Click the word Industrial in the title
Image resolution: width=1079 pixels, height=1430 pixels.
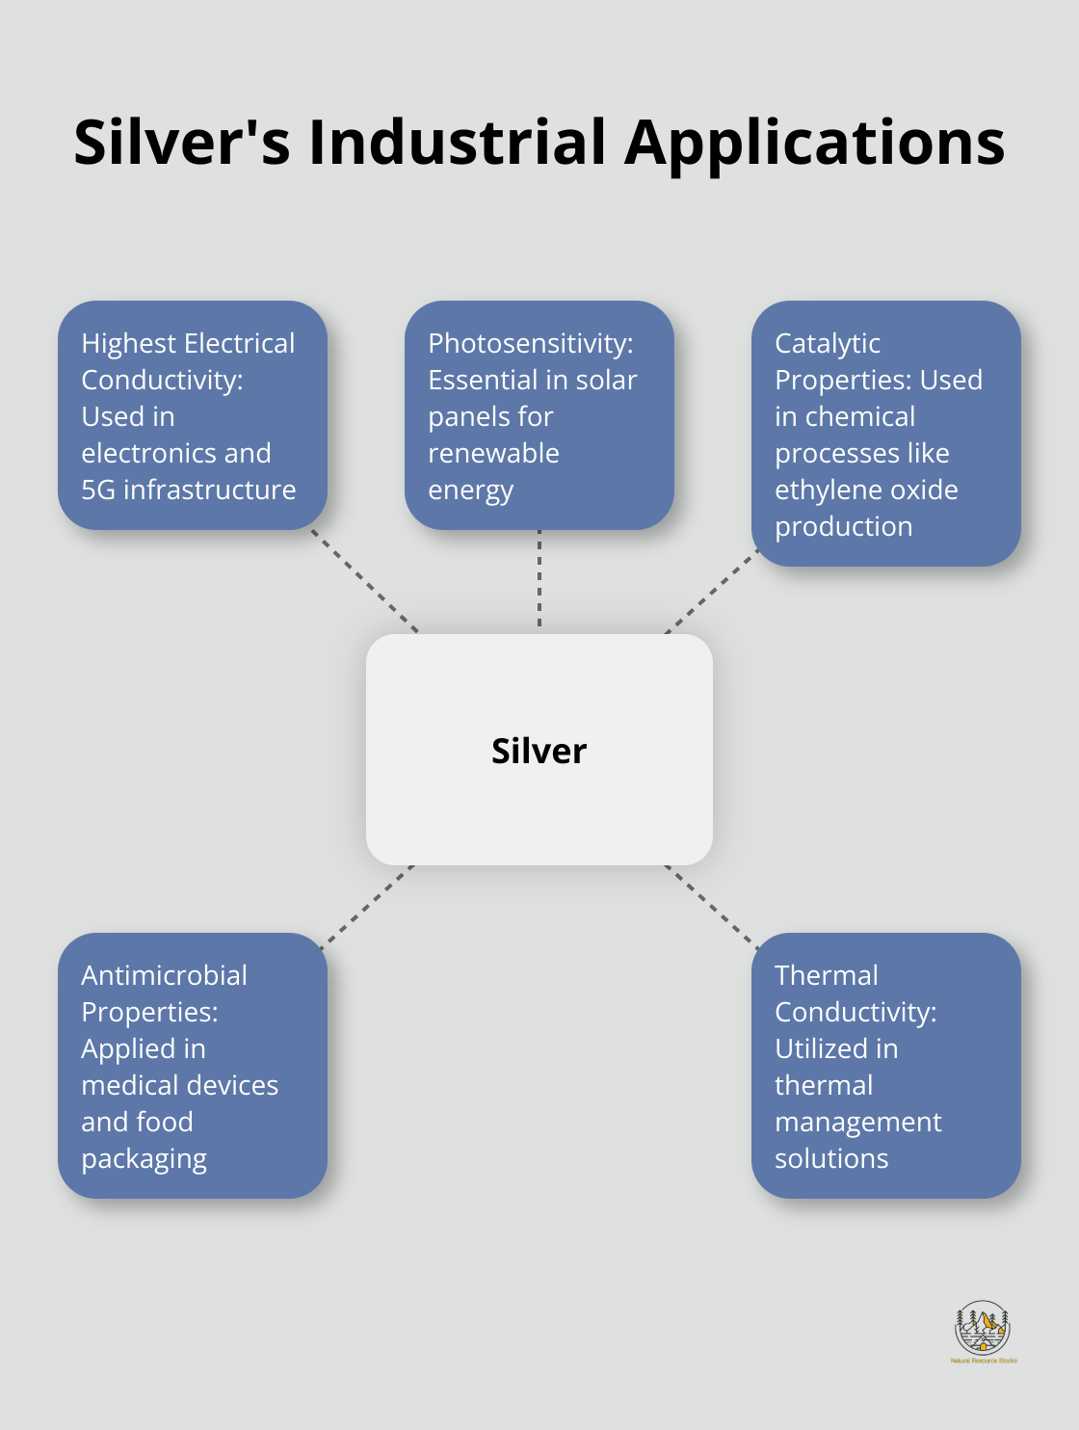[x=458, y=143]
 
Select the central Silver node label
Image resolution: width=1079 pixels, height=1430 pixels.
[x=539, y=751]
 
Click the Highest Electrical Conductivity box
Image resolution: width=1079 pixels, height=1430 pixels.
[x=193, y=415]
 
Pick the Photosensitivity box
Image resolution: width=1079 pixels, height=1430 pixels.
[x=539, y=415]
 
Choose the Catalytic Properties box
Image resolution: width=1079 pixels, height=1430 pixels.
[x=885, y=434]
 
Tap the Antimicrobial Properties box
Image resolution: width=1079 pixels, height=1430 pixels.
[x=193, y=1066]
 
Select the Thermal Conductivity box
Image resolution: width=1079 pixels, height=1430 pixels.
[x=885, y=1066]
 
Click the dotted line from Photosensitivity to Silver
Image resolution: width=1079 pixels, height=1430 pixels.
[x=539, y=580]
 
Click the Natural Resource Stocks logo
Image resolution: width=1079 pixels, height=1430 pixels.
[x=983, y=1332]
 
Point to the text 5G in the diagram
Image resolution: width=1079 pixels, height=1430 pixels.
[x=98, y=490]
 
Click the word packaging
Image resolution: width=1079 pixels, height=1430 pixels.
[x=145, y=1159]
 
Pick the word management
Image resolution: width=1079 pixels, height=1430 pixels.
[x=857, y=1123]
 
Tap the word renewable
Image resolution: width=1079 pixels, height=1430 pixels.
[x=493, y=453]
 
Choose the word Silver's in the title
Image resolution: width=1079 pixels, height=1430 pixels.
[x=182, y=143]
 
